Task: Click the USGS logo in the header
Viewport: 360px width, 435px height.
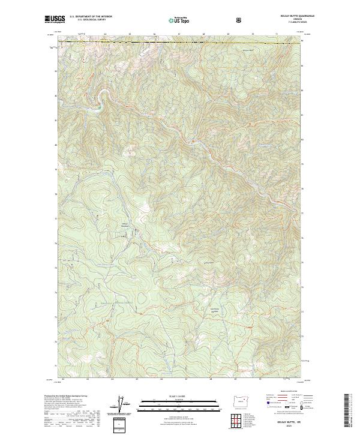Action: pos(55,19)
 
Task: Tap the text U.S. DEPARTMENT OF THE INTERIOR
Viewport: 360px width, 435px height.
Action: pos(91,16)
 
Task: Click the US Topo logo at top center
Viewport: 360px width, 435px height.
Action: pos(179,19)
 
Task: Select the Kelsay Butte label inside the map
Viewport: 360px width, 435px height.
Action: pos(209,263)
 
